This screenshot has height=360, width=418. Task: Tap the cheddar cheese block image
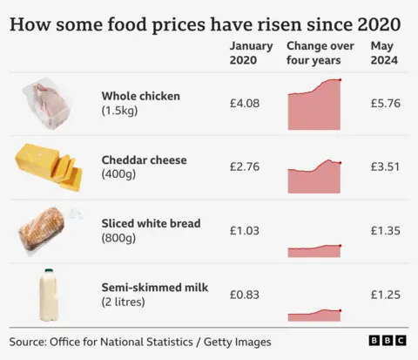(48, 166)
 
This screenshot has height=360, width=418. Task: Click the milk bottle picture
(49, 294)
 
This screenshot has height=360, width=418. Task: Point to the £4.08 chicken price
(245, 104)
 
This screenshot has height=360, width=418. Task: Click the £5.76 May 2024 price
(384, 104)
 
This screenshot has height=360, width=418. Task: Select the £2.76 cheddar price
(245, 167)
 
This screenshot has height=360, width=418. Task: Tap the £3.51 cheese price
(384, 167)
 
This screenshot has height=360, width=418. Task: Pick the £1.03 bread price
(245, 231)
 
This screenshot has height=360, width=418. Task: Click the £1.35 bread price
(384, 231)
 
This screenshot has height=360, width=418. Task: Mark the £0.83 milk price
(245, 295)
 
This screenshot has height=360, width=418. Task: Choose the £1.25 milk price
(384, 295)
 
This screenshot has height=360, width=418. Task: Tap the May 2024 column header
(384, 53)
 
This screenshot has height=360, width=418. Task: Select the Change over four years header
(313, 53)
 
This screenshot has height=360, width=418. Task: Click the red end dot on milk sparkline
(340, 310)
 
